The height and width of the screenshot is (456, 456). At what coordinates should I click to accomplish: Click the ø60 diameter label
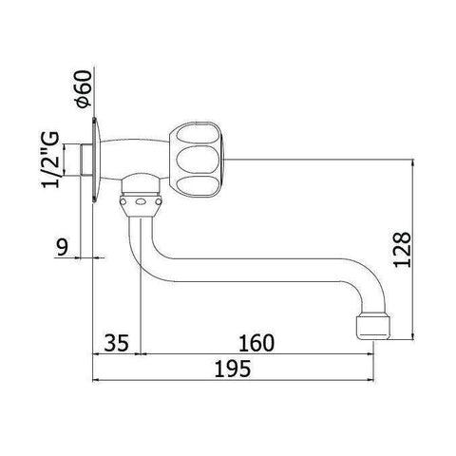pos(83,89)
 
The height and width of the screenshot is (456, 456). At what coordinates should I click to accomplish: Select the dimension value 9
pos(61,249)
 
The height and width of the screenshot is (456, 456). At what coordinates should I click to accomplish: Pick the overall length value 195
pos(234,370)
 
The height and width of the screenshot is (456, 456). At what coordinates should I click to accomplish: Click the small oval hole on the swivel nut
pos(141,202)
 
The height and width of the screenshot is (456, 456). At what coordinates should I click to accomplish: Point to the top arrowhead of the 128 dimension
pos(414,162)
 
